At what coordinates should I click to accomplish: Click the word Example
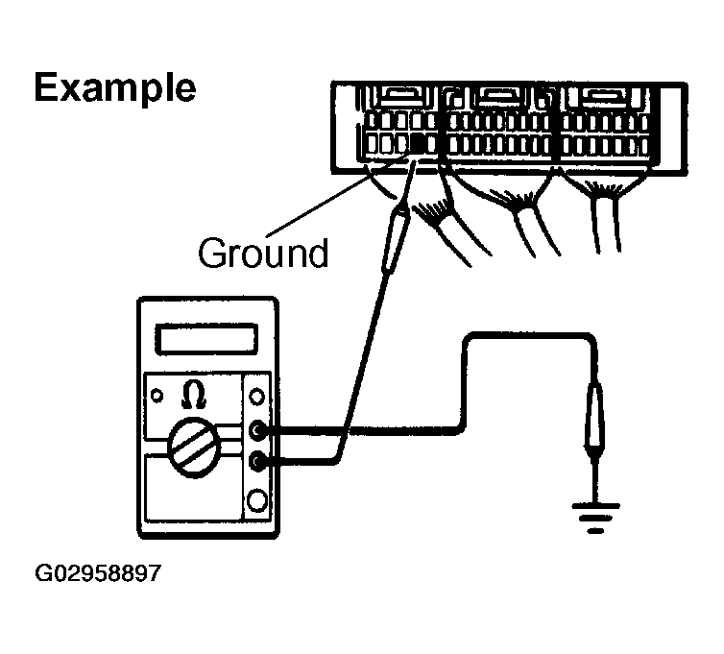tap(114, 87)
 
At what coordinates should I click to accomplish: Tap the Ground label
tap(261, 254)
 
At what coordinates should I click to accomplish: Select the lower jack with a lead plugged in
tap(256, 462)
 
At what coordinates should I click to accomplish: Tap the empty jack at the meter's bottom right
tap(256, 499)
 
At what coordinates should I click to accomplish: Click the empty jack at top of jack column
tap(256, 395)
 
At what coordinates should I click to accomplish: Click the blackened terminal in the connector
tap(420, 144)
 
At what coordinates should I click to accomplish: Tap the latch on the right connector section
tap(597, 96)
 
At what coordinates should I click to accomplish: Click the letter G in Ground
tap(212, 254)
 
